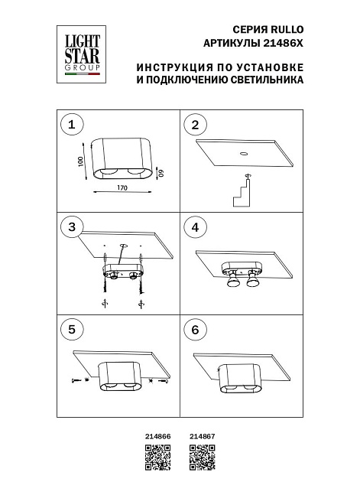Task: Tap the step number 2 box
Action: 195,125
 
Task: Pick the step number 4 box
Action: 195,227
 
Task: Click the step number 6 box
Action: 195,330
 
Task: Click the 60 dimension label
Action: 161,174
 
